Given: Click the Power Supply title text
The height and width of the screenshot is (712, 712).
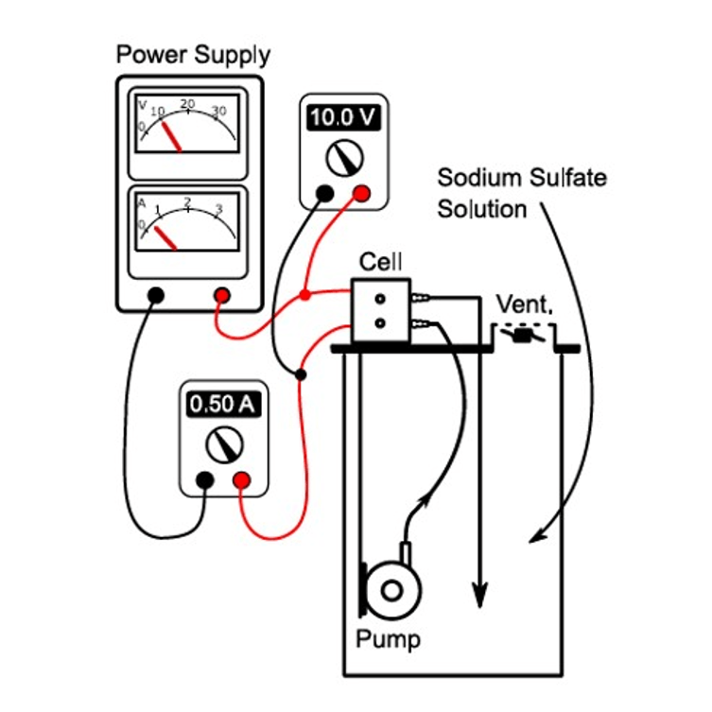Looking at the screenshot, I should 192,54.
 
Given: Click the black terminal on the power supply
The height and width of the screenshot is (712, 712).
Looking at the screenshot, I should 156,295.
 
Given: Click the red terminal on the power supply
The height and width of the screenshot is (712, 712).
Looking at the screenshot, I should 222,295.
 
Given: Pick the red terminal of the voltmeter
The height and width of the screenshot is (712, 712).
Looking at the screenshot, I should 360,194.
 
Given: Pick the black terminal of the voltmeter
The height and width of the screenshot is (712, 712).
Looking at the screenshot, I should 324,194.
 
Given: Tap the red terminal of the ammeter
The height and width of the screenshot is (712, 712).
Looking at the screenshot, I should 241,480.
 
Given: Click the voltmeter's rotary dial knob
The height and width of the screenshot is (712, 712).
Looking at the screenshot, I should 341,157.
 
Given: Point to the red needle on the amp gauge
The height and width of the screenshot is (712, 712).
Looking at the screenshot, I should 165,236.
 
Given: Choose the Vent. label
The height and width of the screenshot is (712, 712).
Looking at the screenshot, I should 525,305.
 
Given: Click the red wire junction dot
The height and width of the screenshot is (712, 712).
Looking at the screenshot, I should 305,295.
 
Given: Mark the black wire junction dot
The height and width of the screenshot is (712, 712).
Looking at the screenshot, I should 301,375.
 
